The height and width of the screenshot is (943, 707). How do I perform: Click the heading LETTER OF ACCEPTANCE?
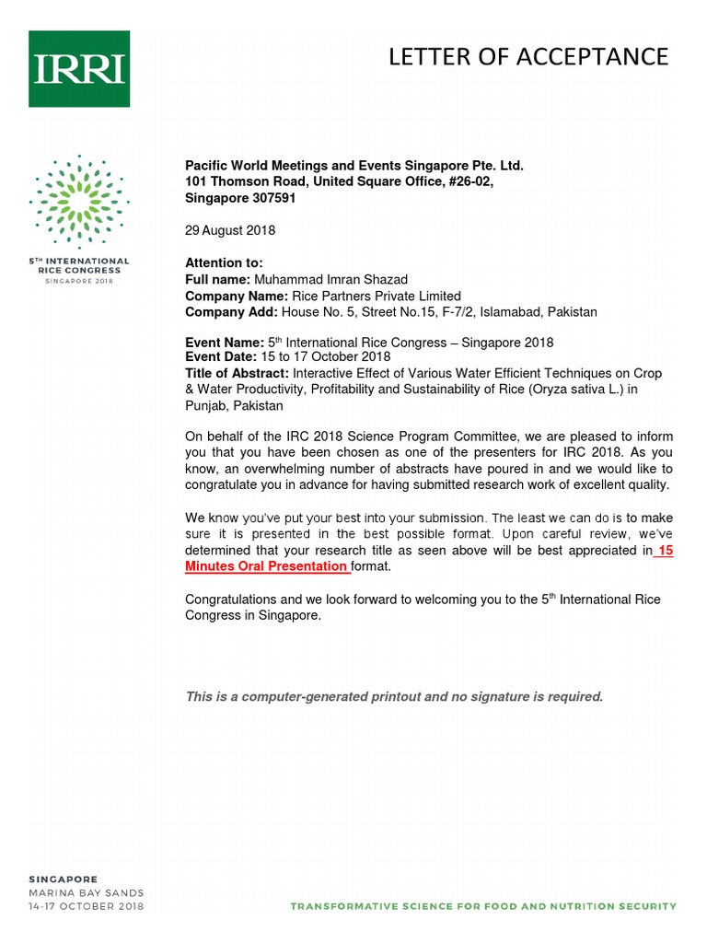[527, 57]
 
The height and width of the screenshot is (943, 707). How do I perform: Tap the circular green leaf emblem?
[78, 196]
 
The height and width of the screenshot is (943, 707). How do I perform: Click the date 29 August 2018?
[230, 230]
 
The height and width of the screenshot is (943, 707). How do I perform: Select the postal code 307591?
[269, 198]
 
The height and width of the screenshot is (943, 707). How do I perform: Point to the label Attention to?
[225, 263]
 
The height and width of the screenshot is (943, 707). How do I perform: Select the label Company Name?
[237, 296]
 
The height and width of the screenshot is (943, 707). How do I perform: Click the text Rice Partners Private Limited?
[377, 296]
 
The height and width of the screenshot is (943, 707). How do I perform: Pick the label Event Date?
[221, 357]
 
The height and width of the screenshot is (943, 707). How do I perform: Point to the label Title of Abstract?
[238, 373]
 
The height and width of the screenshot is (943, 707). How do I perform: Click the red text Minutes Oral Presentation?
[267, 566]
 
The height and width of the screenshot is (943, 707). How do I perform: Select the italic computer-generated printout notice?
[394, 696]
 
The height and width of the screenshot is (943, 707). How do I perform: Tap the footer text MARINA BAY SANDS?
[85, 892]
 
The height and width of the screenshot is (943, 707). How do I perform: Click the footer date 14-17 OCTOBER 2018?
[85, 906]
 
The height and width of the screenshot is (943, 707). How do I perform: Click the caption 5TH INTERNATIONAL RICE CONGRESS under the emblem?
[78, 266]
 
